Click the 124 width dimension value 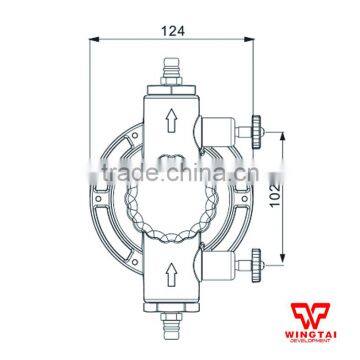tap(171, 32)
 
